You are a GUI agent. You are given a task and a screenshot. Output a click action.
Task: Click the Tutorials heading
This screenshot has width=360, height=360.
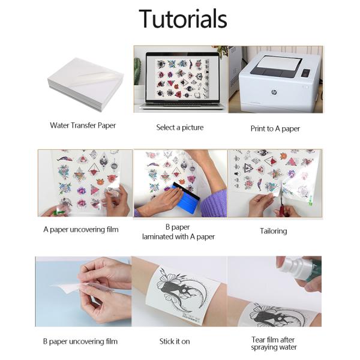(183, 19)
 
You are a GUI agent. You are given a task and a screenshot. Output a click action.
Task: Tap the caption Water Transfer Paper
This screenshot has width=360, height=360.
(83, 125)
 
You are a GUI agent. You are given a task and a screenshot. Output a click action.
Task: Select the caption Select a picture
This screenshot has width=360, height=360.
(180, 127)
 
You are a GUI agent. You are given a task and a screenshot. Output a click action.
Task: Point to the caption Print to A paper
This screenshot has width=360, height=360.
(275, 128)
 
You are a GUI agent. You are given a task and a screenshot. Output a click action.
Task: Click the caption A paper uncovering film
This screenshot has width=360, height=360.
(81, 230)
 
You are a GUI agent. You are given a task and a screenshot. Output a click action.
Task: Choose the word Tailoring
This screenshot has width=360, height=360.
(273, 231)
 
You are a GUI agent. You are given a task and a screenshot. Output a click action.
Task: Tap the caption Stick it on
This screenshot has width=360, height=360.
(175, 341)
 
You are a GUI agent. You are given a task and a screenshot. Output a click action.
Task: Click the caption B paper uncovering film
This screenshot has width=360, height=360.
(80, 341)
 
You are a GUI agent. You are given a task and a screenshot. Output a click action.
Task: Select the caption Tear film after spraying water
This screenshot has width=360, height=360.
(274, 343)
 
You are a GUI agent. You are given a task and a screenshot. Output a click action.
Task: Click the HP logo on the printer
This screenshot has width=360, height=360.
(274, 92)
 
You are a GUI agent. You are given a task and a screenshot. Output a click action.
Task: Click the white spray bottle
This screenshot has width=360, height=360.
(298, 268)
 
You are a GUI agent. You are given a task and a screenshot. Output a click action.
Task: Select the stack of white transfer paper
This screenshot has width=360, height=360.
(86, 84)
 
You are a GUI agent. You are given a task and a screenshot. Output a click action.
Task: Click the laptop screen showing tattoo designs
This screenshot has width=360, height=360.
(182, 77)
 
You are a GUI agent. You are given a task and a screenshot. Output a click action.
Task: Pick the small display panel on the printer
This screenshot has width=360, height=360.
(305, 73)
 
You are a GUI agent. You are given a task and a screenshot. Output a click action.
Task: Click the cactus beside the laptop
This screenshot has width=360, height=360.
(137, 71)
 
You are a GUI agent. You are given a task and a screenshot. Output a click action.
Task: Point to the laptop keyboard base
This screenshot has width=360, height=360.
(182, 106)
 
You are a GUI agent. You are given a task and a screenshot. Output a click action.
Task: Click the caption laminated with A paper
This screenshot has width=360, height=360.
(178, 237)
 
